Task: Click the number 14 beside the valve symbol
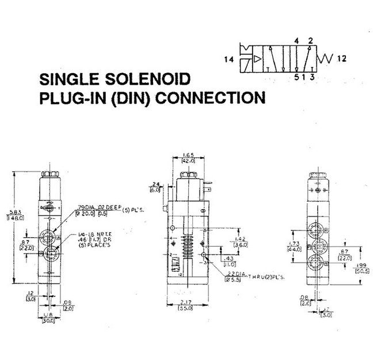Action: click(x=229, y=58)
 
